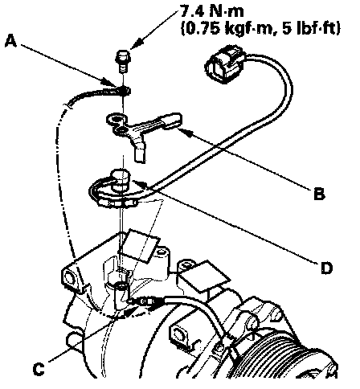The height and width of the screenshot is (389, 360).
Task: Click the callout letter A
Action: click(x=10, y=42)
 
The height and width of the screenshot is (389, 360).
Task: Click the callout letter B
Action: click(x=319, y=194)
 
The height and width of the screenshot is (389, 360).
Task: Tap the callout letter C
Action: click(x=39, y=370)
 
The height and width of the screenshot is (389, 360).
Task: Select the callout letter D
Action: click(x=326, y=268)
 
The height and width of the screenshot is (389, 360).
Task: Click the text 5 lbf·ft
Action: click(x=311, y=28)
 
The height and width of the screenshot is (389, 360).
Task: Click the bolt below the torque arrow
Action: click(x=122, y=62)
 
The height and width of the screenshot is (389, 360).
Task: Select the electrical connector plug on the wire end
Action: click(x=224, y=64)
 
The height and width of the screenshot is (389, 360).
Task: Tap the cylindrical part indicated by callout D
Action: click(x=121, y=180)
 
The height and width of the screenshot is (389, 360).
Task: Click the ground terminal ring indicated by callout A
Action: click(x=124, y=90)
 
